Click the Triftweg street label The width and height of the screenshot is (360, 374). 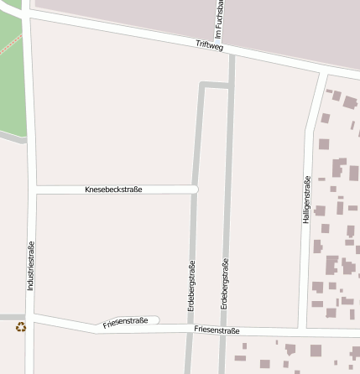click(209, 45)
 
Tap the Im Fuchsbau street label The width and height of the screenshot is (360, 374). click(218, 18)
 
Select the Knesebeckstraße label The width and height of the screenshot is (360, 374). click(113, 190)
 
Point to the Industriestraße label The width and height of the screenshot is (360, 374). click(31, 265)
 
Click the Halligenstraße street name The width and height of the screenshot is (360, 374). click(306, 199)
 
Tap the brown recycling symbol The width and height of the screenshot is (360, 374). click(21, 327)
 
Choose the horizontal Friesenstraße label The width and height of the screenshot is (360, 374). click(216, 331)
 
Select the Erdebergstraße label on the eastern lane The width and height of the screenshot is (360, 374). click(225, 286)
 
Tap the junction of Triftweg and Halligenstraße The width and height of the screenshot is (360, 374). click(320, 70)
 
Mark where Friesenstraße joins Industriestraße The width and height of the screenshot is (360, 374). click(32, 317)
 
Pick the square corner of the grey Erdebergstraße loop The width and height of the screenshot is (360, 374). click(201, 84)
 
